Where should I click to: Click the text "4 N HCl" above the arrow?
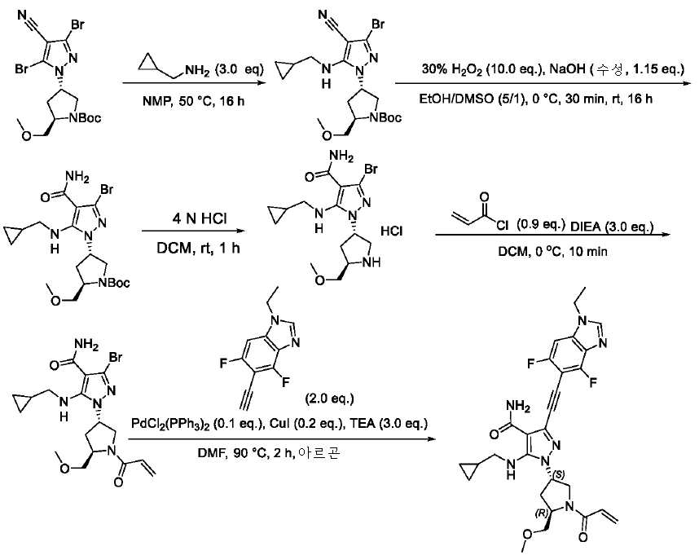coord(200,218)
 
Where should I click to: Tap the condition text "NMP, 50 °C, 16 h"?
coord(193,101)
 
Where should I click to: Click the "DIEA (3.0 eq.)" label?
coord(612,227)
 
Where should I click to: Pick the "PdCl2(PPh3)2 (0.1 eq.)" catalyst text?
coord(196,423)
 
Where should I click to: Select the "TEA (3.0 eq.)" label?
coord(388,423)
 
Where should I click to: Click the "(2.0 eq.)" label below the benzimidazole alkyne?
coord(329,398)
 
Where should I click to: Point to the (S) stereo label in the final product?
coord(560,473)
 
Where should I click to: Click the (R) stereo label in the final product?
coord(541,513)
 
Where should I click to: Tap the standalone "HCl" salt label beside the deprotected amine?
coord(391,231)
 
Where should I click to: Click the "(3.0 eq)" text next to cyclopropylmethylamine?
coord(239,69)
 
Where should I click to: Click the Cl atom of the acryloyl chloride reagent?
coord(502,226)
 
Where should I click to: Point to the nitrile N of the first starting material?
coord(21,15)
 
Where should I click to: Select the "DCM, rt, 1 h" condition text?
coord(198,248)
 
